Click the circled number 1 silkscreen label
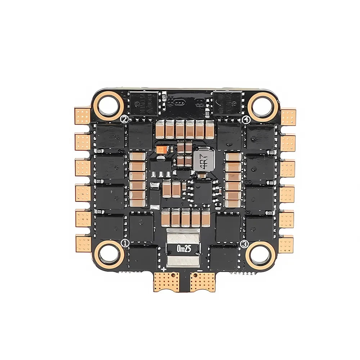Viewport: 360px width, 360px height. pyautogui.click(x=125, y=243)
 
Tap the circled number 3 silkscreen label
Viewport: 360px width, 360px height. pyautogui.click(x=244, y=244)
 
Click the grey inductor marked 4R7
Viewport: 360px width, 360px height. pyautogui.click(x=202, y=161)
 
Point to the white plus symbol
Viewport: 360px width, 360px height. pyautogui.click(x=164, y=269)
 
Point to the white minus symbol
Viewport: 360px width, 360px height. pyautogui.click(x=199, y=269)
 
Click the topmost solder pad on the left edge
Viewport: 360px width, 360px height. pyautogui.click(x=83, y=116)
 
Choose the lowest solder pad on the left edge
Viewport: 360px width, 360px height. pyautogui.click(x=83, y=243)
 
